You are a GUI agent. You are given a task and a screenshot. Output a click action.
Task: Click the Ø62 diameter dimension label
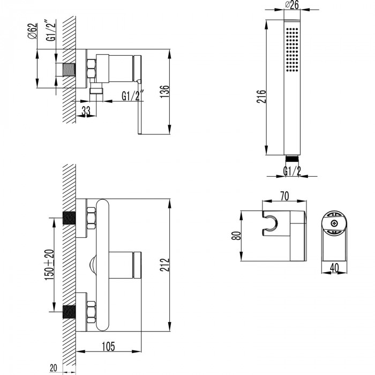click(x=33, y=31)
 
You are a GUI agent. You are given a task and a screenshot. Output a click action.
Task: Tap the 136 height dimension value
click(x=164, y=92)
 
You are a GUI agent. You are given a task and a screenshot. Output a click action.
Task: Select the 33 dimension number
click(x=86, y=111)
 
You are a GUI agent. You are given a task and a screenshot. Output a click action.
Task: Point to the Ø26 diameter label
click(x=292, y=4)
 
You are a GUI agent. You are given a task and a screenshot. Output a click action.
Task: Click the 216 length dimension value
click(x=261, y=96)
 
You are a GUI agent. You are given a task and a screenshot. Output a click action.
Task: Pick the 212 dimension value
click(x=164, y=265)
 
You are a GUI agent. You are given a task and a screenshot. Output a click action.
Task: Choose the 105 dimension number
click(x=108, y=347)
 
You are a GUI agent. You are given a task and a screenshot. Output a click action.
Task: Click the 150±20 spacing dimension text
click(x=49, y=265)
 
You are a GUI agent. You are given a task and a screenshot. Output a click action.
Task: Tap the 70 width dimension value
click(x=284, y=196)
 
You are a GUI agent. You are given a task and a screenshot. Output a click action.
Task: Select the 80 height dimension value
click(x=236, y=236)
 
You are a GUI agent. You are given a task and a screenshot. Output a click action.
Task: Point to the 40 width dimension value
click(x=334, y=268)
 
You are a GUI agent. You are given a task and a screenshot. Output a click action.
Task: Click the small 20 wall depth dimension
click(x=54, y=368)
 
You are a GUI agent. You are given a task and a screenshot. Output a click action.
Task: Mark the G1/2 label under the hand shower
click(x=292, y=171)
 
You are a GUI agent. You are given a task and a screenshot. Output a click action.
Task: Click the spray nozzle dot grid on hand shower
click(x=292, y=49)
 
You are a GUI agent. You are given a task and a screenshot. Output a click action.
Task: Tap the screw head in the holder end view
click(x=334, y=223)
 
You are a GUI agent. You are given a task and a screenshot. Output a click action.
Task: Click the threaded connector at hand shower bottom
click(x=292, y=158)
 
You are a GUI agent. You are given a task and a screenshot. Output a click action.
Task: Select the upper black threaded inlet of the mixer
click(x=69, y=218)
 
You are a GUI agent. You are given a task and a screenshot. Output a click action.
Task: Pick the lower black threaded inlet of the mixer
click(x=69, y=312)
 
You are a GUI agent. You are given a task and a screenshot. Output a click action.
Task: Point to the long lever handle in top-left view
click(x=140, y=107)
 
